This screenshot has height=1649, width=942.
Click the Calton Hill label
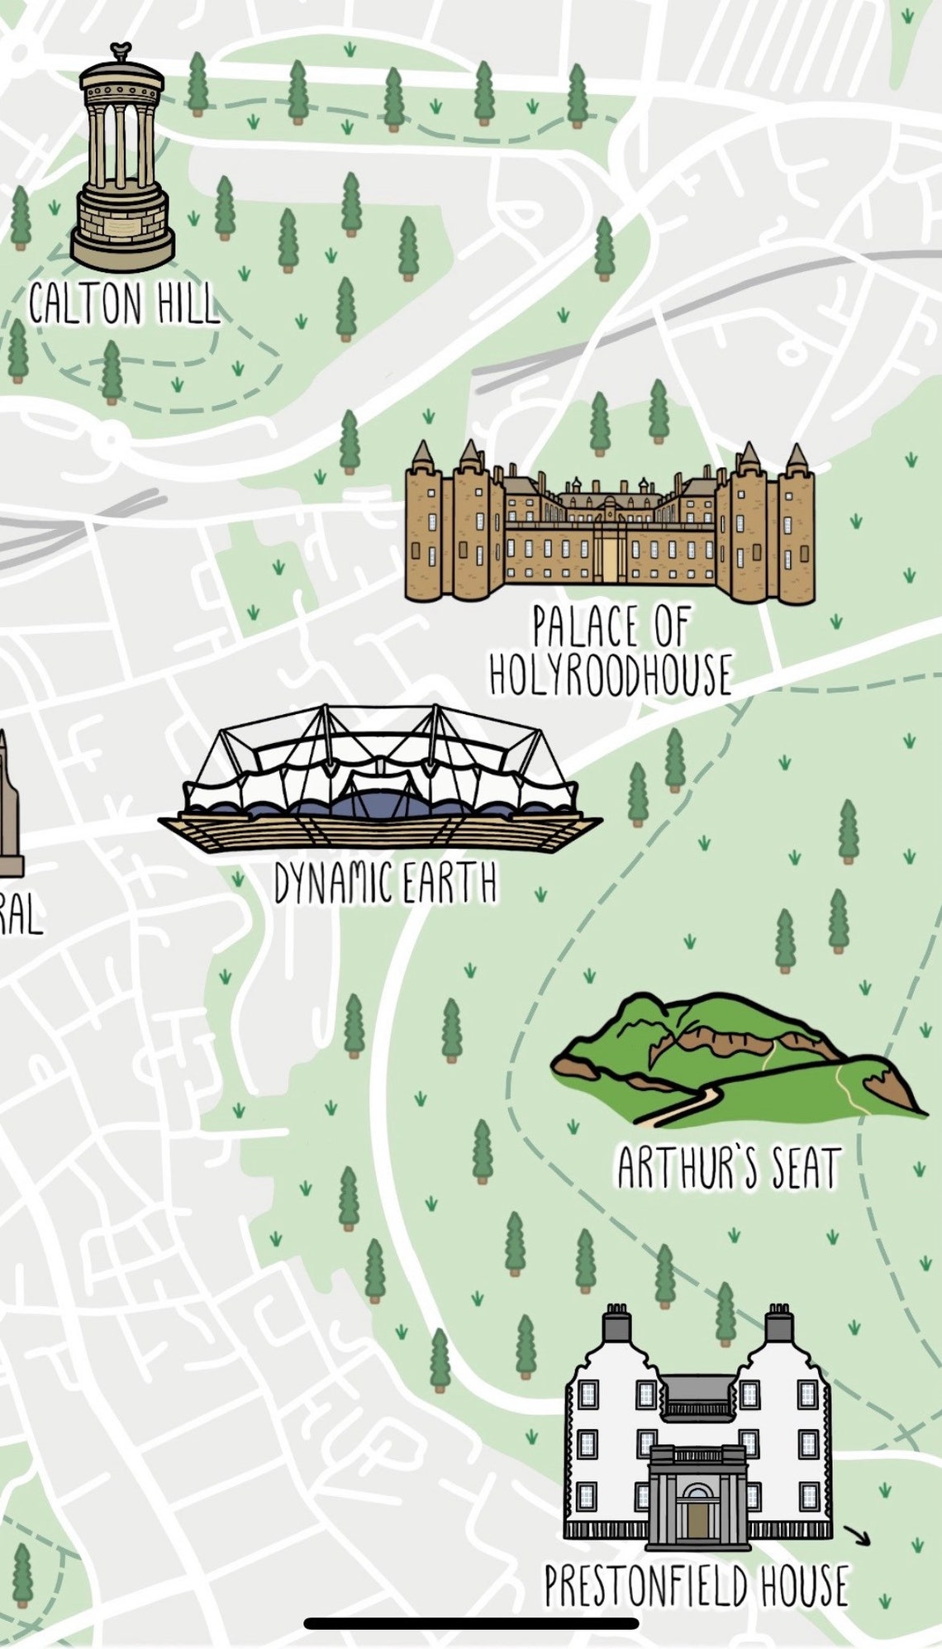pyautogui.click(x=124, y=303)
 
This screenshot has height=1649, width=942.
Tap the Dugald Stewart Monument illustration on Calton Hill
pyautogui.click(x=122, y=157)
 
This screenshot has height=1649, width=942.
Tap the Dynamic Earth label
pyautogui.click(x=385, y=884)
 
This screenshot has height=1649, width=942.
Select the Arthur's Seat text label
pyautogui.click(x=729, y=1167)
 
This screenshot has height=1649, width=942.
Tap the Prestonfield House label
pyautogui.click(x=696, y=1585)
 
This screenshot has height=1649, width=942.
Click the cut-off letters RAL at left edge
pyautogui.click(x=18, y=916)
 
